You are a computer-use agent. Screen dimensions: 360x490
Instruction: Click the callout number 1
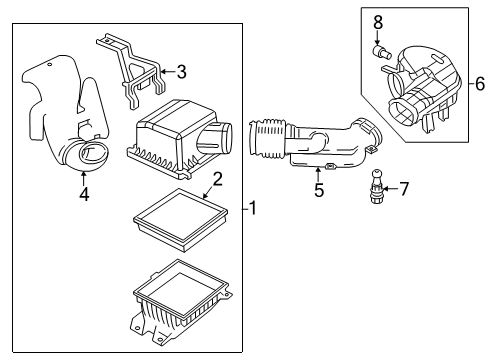pos(253,208)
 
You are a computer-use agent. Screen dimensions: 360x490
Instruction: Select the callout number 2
pos(217,179)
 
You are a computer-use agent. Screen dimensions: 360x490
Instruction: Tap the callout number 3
pos(180,71)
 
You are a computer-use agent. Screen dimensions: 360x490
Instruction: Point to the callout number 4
pos(83,194)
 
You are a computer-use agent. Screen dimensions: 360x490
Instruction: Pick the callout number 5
pos(318,190)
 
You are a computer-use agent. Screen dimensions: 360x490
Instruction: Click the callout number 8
pos(378,21)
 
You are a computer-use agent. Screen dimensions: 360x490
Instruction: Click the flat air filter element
pos(177,213)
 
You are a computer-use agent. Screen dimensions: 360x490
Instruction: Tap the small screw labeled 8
pos(381,53)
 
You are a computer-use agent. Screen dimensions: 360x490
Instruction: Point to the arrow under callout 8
pos(379,38)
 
